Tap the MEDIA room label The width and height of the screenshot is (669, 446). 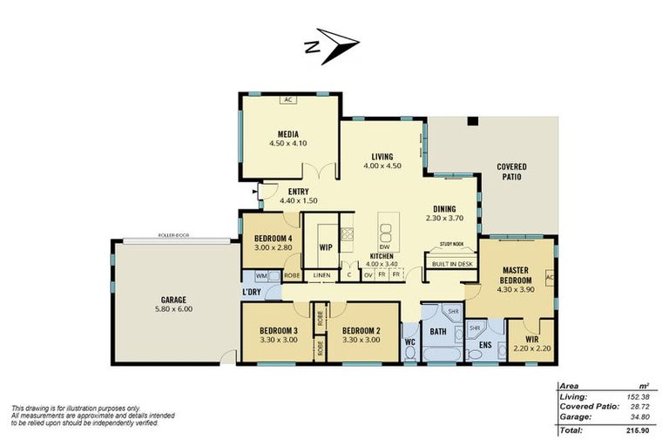288,134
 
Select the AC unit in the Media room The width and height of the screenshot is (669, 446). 288,99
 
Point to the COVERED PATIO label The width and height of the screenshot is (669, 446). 510,171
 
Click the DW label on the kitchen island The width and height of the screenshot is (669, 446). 384,247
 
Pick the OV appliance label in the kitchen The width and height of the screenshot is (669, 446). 368,275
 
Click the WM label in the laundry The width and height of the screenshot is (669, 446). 260,275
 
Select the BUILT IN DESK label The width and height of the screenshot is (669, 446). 451,263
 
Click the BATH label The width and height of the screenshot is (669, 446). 437,332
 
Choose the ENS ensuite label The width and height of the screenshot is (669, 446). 485,344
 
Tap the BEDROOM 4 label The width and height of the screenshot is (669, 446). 273,240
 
